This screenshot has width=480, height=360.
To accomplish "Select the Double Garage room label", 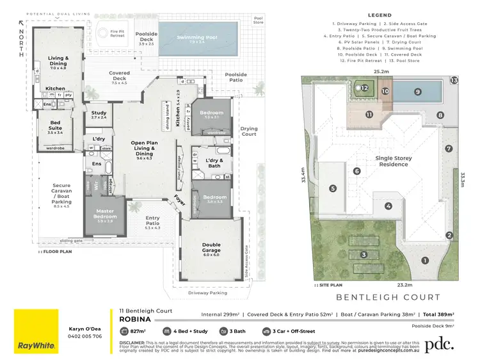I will pos(212,249).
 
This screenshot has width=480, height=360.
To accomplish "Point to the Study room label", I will pos(99,115).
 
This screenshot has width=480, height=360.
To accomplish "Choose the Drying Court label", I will pos(249,131).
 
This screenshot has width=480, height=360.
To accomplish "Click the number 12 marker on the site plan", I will pos(363,88).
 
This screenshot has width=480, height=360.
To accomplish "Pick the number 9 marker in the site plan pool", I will pos(417,92).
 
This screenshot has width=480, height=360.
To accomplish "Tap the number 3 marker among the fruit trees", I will pos(364,255).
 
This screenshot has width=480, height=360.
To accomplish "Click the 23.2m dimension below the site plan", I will pos(385,284).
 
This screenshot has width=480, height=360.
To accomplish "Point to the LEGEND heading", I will pos(380,15).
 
